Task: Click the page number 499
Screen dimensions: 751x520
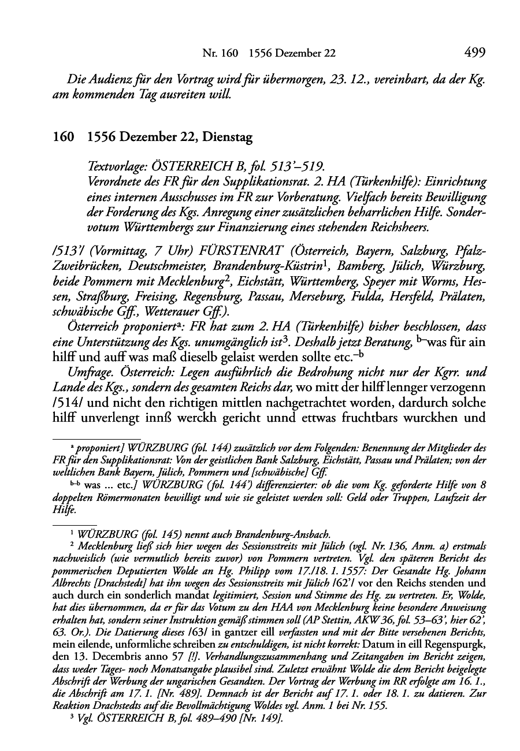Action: click(x=474, y=53)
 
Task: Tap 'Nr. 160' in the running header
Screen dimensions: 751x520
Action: click(x=220, y=54)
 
